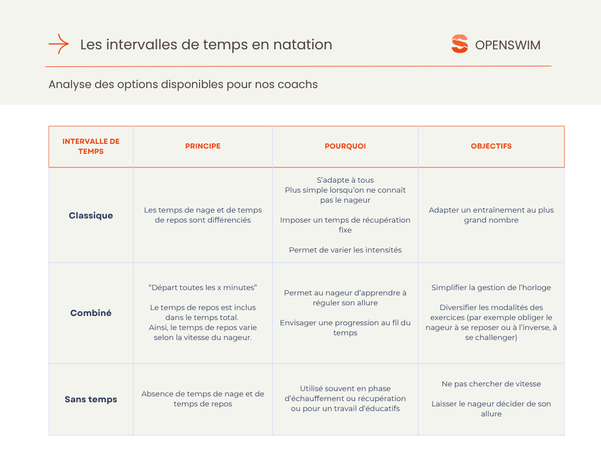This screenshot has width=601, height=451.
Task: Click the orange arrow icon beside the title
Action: [59, 45]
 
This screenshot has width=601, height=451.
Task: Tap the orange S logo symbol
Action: [460, 45]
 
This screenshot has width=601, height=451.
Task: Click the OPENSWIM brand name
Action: [508, 45]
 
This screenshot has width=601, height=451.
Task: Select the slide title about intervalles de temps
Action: [206, 45]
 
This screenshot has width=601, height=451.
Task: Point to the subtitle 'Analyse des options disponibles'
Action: [183, 85]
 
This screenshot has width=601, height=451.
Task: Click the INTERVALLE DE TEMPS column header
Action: [91, 146]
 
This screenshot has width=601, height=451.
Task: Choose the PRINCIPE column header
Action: [202, 146]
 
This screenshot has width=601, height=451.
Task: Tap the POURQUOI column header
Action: [345, 146]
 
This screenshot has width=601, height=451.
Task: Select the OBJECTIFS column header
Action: [491, 146]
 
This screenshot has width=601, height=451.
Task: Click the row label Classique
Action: [91, 216]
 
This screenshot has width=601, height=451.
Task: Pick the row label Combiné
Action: [91, 313]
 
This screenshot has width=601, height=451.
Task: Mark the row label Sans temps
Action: [91, 399]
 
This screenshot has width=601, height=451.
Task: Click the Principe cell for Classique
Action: [202, 215]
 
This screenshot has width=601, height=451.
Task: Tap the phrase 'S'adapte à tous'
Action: [345, 180]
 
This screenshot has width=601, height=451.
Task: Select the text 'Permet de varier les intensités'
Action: [345, 250]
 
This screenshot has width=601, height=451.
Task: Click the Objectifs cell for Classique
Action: [491, 215]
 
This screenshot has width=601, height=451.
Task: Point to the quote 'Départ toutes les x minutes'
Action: [202, 288]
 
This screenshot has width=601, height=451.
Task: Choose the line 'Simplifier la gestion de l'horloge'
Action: [491, 288]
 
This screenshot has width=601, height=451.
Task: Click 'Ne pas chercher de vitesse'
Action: [491, 384]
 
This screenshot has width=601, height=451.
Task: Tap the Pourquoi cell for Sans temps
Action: [345, 398]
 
